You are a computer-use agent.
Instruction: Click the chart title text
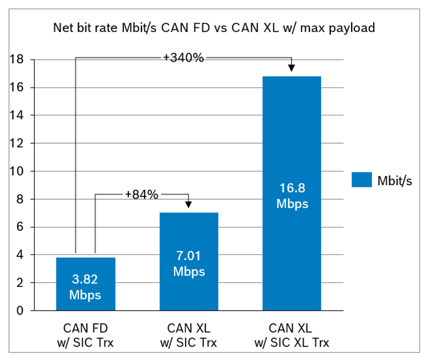(x=213, y=28)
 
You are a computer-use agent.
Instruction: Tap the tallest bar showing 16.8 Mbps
(x=291, y=134)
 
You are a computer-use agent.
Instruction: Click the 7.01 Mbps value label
(x=188, y=264)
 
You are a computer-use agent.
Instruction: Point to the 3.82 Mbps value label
(x=85, y=287)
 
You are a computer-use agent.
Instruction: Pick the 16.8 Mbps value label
(x=291, y=195)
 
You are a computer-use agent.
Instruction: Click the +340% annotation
(x=184, y=58)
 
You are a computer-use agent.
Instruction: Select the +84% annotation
(x=141, y=194)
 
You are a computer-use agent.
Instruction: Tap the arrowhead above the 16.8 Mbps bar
(x=291, y=67)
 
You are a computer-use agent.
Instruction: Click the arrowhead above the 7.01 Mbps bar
(x=188, y=204)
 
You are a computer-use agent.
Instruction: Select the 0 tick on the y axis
(x=19, y=310)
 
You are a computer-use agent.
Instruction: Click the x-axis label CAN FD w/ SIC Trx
(x=85, y=335)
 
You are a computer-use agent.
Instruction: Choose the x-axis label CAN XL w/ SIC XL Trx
(x=291, y=335)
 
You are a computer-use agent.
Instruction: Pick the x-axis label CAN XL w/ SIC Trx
(x=188, y=335)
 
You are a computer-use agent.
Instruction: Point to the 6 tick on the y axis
(x=19, y=227)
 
